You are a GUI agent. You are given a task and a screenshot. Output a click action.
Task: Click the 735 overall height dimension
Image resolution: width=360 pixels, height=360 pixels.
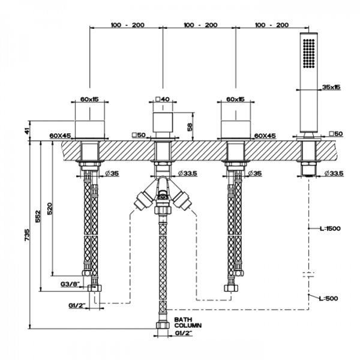(x=27, y=235)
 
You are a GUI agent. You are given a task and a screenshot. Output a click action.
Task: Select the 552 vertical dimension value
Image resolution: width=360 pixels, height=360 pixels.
(x=38, y=216)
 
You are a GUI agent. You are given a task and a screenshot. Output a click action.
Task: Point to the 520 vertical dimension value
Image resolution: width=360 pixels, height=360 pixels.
(x=50, y=208)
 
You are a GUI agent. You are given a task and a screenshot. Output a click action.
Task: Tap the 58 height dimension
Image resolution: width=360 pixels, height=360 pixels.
(x=190, y=127)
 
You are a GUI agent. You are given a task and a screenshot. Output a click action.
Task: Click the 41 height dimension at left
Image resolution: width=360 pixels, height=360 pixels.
(x=28, y=131)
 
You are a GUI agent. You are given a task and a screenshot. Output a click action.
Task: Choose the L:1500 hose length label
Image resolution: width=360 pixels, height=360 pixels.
(x=331, y=229)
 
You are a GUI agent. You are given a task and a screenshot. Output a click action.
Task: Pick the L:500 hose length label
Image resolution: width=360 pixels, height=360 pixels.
(x=328, y=298)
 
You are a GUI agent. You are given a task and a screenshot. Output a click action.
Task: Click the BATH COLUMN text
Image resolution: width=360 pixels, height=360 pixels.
(x=188, y=322)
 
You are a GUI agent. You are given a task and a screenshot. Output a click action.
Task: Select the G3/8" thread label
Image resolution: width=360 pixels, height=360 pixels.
(x=70, y=284)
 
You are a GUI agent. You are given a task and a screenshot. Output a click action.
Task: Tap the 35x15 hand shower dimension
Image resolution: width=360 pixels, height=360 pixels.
(x=331, y=87)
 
